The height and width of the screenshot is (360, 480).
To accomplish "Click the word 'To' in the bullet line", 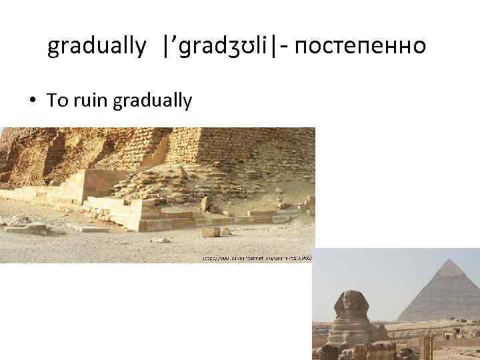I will pyautogui.click(x=57, y=101).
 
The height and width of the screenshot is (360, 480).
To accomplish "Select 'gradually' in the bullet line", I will pyautogui.click(x=153, y=101).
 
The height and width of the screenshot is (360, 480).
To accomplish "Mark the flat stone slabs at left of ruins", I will pyautogui.click(x=27, y=227).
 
